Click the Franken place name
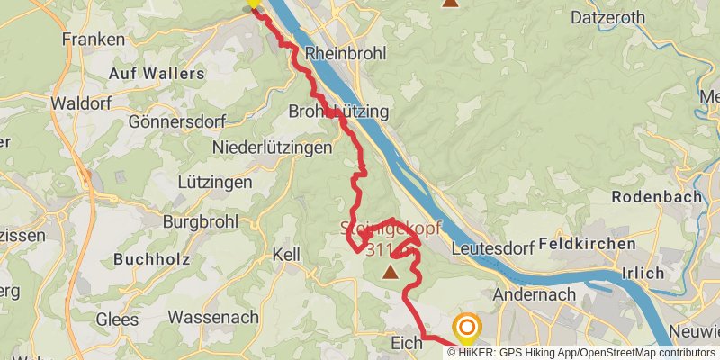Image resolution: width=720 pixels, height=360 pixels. pyautogui.click(x=93, y=40)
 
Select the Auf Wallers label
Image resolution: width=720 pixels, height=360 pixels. pyautogui.click(x=157, y=73)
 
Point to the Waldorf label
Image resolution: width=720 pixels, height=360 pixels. pyautogui.click(x=80, y=103)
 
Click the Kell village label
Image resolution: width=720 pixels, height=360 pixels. pyautogui.click(x=285, y=255)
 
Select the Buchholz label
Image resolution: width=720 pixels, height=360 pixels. pyautogui.click(x=150, y=259)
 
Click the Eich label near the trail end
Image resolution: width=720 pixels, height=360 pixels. pyautogui.click(x=407, y=342)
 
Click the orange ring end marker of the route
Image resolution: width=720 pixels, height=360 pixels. pyautogui.click(x=467, y=328)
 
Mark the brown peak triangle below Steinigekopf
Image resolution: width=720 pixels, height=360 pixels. pyautogui.click(x=391, y=271)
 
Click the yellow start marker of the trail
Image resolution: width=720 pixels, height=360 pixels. pyautogui.click(x=254, y=3)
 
